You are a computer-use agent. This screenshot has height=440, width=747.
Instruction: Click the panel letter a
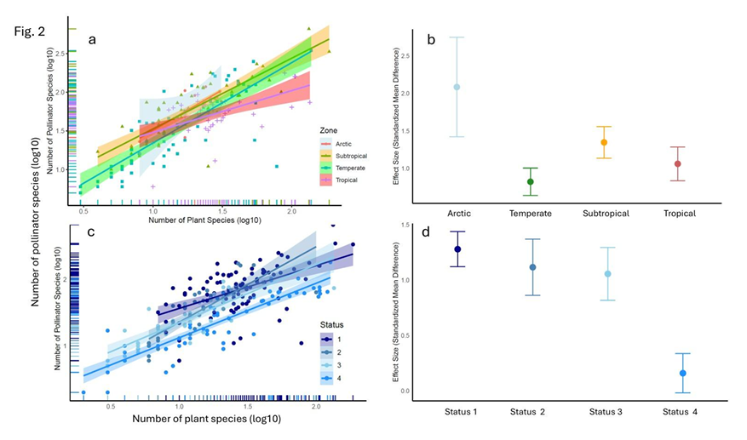(94, 37)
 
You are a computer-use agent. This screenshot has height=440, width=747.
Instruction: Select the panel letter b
(431, 39)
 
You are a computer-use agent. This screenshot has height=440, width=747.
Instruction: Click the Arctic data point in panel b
(457, 87)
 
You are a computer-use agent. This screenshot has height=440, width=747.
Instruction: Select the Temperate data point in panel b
(530, 181)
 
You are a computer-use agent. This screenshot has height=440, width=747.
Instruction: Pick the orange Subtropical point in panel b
(604, 142)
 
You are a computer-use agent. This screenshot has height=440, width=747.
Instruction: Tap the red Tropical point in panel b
(677, 163)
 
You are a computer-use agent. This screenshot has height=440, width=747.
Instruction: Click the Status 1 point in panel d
(457, 249)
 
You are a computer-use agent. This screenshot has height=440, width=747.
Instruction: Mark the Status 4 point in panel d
(683, 373)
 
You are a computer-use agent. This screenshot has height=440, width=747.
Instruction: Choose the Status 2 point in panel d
(533, 267)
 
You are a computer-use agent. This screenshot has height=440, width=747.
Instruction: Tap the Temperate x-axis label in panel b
(530, 213)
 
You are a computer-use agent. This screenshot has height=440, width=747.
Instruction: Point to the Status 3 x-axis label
(607, 412)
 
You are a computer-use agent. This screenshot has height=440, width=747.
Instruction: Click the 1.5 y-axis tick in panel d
(405, 225)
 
